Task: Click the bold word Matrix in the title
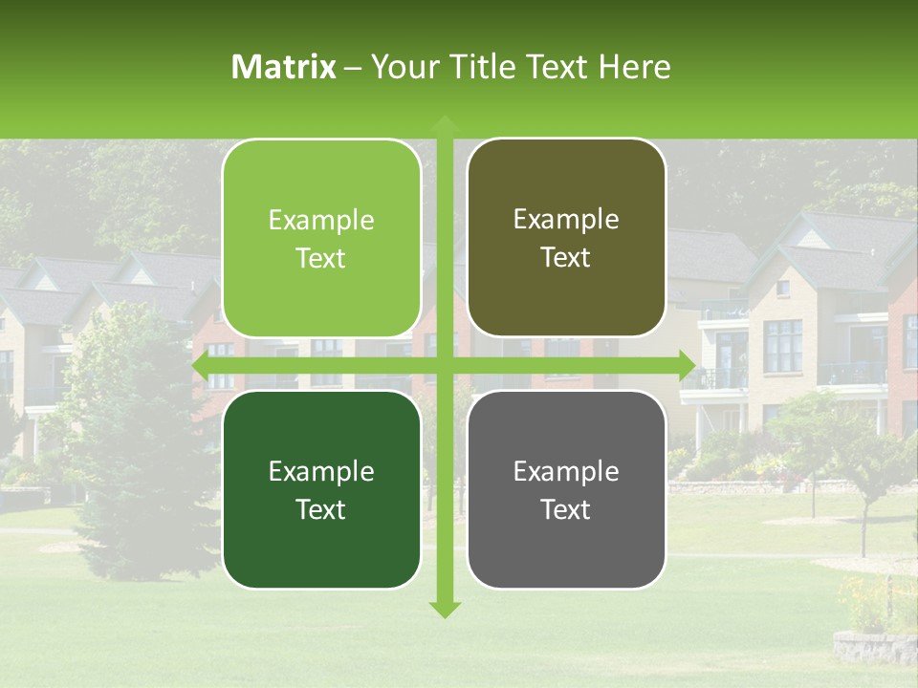click(284, 67)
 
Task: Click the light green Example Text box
click(321, 238)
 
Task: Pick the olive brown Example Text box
click(566, 238)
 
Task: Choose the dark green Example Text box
click(321, 489)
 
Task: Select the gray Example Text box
click(566, 489)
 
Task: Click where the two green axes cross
click(444, 365)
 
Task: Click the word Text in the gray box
click(566, 509)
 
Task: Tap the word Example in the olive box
click(566, 220)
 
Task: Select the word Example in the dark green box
click(321, 471)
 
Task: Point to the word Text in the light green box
click(321, 258)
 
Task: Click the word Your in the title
click(401, 67)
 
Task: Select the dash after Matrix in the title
click(353, 67)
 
